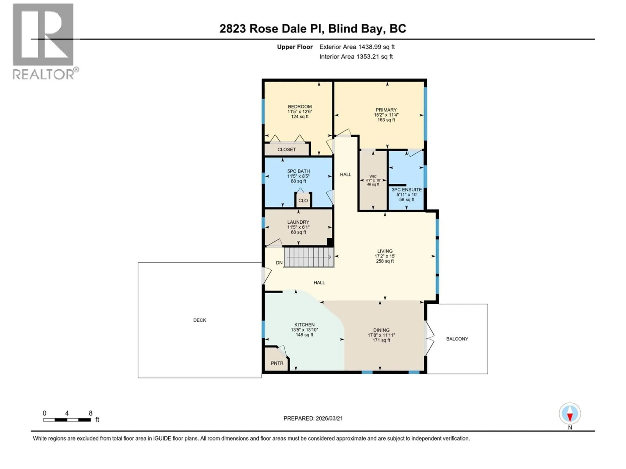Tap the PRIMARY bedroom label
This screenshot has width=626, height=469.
(x=386, y=110)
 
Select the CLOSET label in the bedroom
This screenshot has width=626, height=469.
(x=286, y=149)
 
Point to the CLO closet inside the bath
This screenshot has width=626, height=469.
(x=303, y=200)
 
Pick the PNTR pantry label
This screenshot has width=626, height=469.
(x=277, y=363)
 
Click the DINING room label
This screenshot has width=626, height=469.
(x=381, y=330)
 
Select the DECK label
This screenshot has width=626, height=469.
(x=200, y=320)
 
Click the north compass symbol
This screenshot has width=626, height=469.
(x=570, y=414)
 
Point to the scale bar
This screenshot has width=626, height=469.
(x=67, y=420)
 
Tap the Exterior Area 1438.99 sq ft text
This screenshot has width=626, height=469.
(x=357, y=47)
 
